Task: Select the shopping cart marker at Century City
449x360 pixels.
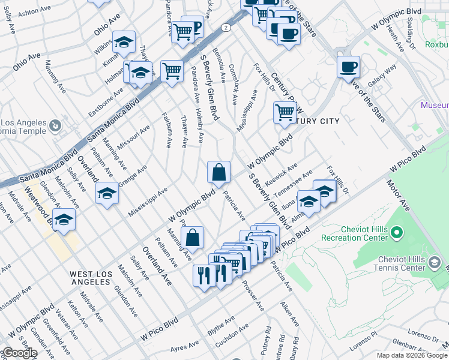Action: pos(285,112)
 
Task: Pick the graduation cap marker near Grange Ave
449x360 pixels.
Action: pos(107,194)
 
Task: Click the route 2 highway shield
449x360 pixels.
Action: pos(224,28)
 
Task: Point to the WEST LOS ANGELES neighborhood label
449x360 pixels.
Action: pos(91,278)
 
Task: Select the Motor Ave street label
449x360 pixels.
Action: pos(399,196)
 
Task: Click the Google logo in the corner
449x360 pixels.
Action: pos(20,353)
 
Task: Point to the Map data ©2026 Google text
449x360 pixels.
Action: pos(412,355)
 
